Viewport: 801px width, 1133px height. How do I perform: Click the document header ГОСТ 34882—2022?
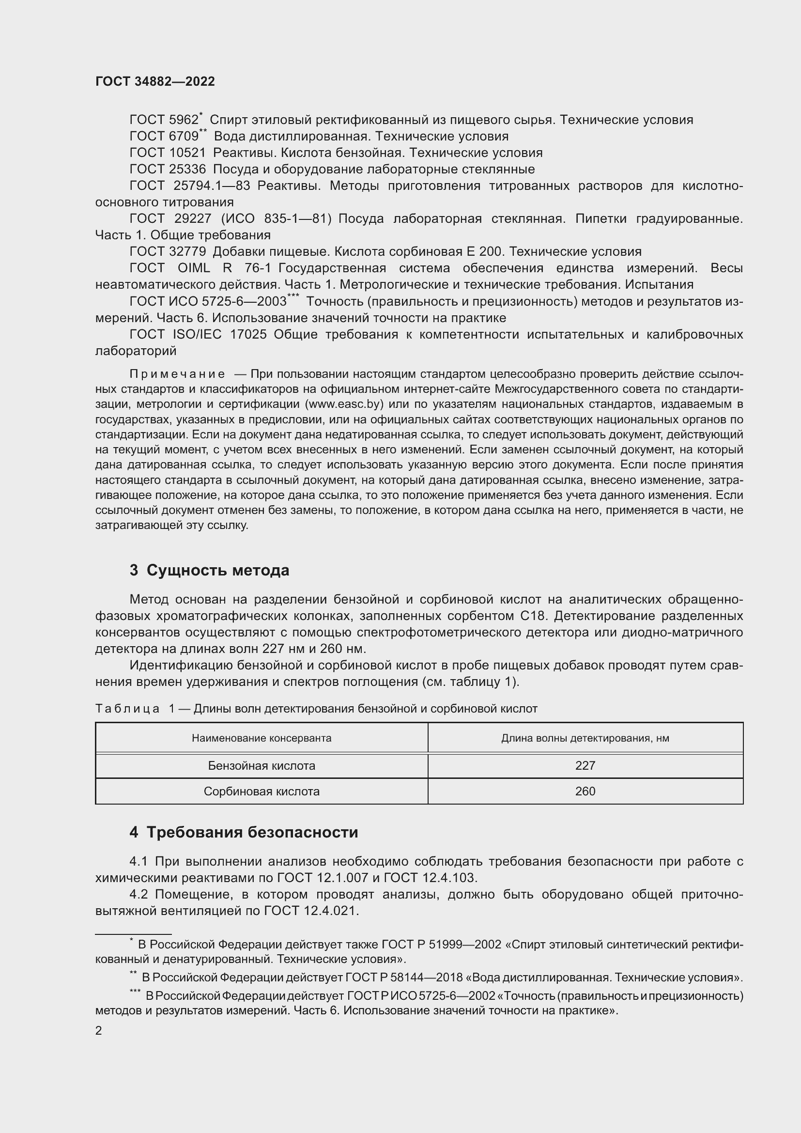155,82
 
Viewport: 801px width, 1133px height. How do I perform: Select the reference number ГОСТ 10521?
167,153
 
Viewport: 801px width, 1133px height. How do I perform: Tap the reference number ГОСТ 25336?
167,169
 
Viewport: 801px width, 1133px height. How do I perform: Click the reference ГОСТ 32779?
167,252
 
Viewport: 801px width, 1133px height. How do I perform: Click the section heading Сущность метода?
217,571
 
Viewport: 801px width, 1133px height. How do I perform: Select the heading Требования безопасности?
252,833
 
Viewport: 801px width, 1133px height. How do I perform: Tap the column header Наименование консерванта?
262,738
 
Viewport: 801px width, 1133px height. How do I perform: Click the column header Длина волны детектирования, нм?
585,738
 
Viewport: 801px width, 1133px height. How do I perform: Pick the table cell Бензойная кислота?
262,766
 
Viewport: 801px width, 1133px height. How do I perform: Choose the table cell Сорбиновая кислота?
262,792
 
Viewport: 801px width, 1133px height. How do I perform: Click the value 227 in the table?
585,766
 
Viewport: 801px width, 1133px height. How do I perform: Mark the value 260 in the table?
585,792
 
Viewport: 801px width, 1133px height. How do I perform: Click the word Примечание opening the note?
177,374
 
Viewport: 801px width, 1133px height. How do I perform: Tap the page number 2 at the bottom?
99,1031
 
